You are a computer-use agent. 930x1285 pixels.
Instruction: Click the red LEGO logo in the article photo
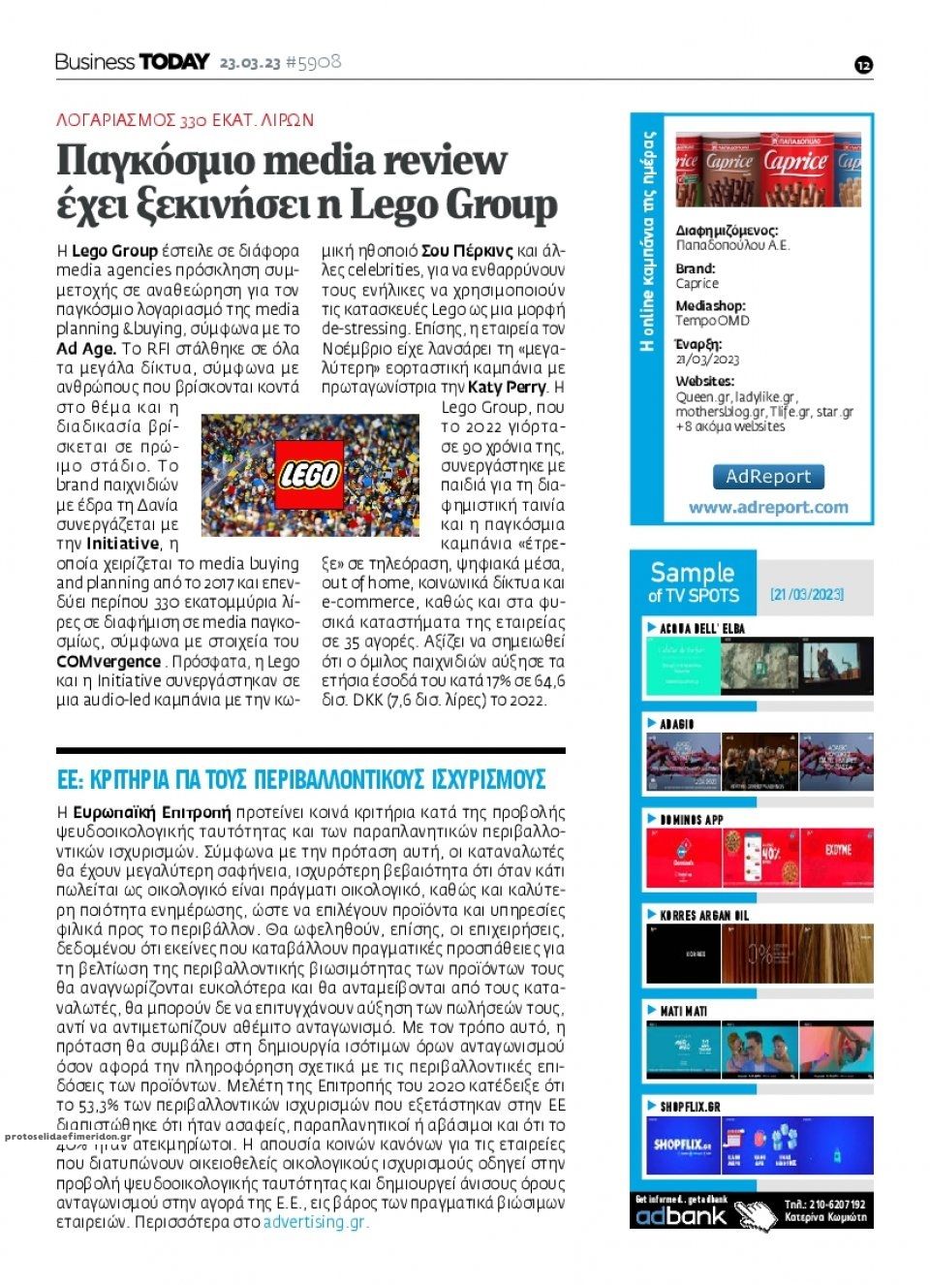(x=310, y=474)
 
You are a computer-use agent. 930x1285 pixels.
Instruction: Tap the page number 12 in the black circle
(x=864, y=65)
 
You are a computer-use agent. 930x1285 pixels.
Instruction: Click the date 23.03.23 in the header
(x=250, y=63)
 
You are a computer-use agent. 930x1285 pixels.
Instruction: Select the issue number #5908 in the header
(x=314, y=63)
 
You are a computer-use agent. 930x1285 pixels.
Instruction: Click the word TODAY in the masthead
(x=175, y=62)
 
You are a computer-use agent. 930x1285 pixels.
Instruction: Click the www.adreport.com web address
(x=768, y=507)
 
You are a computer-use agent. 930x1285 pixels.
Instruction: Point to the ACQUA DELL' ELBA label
(x=702, y=629)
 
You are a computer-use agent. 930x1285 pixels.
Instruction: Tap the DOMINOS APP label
(x=692, y=820)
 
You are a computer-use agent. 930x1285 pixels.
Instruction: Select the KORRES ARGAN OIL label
(x=704, y=916)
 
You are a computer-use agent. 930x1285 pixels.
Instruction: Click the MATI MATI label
(x=684, y=1011)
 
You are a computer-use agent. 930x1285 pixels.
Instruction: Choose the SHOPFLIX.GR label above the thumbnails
(x=691, y=1107)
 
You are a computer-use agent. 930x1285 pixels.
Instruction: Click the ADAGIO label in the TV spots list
(x=677, y=725)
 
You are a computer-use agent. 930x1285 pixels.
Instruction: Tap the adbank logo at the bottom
(x=681, y=1215)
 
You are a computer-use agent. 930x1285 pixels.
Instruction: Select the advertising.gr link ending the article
(x=316, y=1222)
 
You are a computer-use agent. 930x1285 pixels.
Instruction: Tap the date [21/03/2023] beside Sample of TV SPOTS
(x=807, y=594)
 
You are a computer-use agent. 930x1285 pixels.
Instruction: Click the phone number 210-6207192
(x=825, y=1205)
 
